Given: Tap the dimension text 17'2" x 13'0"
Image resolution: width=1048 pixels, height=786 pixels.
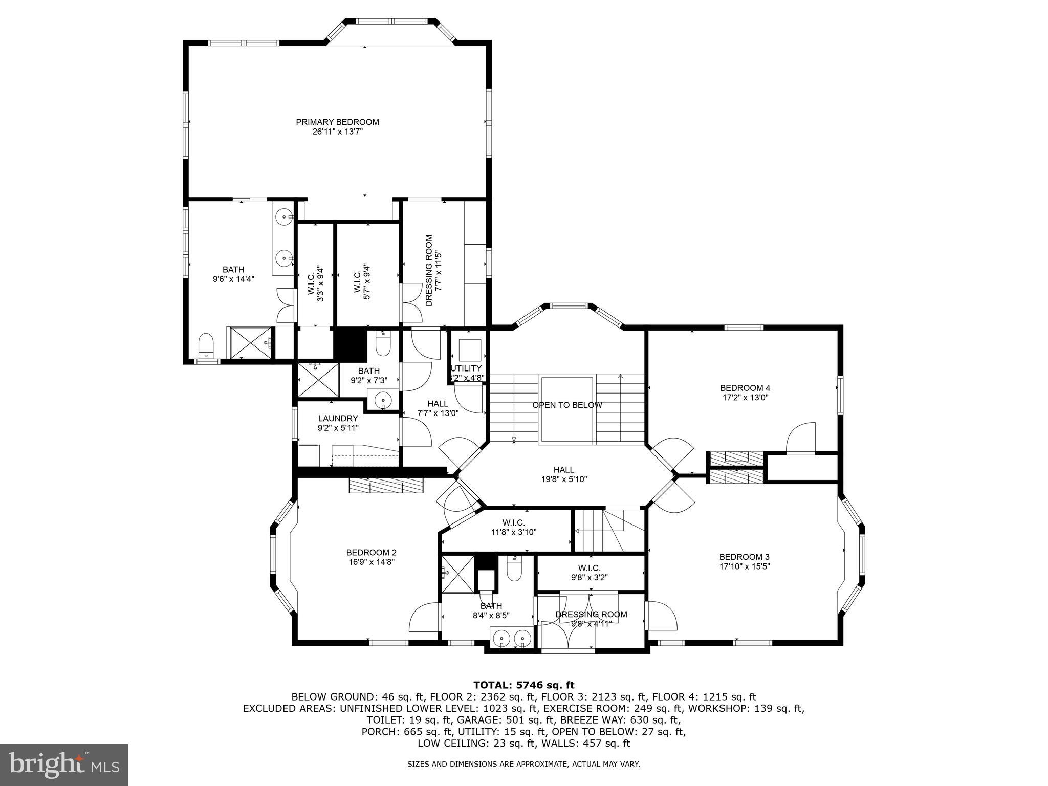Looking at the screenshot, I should point(745,397).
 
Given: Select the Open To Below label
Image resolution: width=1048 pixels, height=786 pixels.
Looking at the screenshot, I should point(567,405).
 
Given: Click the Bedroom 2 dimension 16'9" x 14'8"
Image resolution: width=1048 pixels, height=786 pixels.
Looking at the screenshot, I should point(371,561).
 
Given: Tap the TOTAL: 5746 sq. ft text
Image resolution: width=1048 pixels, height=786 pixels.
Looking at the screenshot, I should point(523,685).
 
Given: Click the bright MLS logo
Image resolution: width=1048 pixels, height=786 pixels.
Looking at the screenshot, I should point(64,765).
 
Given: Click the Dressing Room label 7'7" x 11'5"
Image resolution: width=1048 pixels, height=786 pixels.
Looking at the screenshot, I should point(433,270).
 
